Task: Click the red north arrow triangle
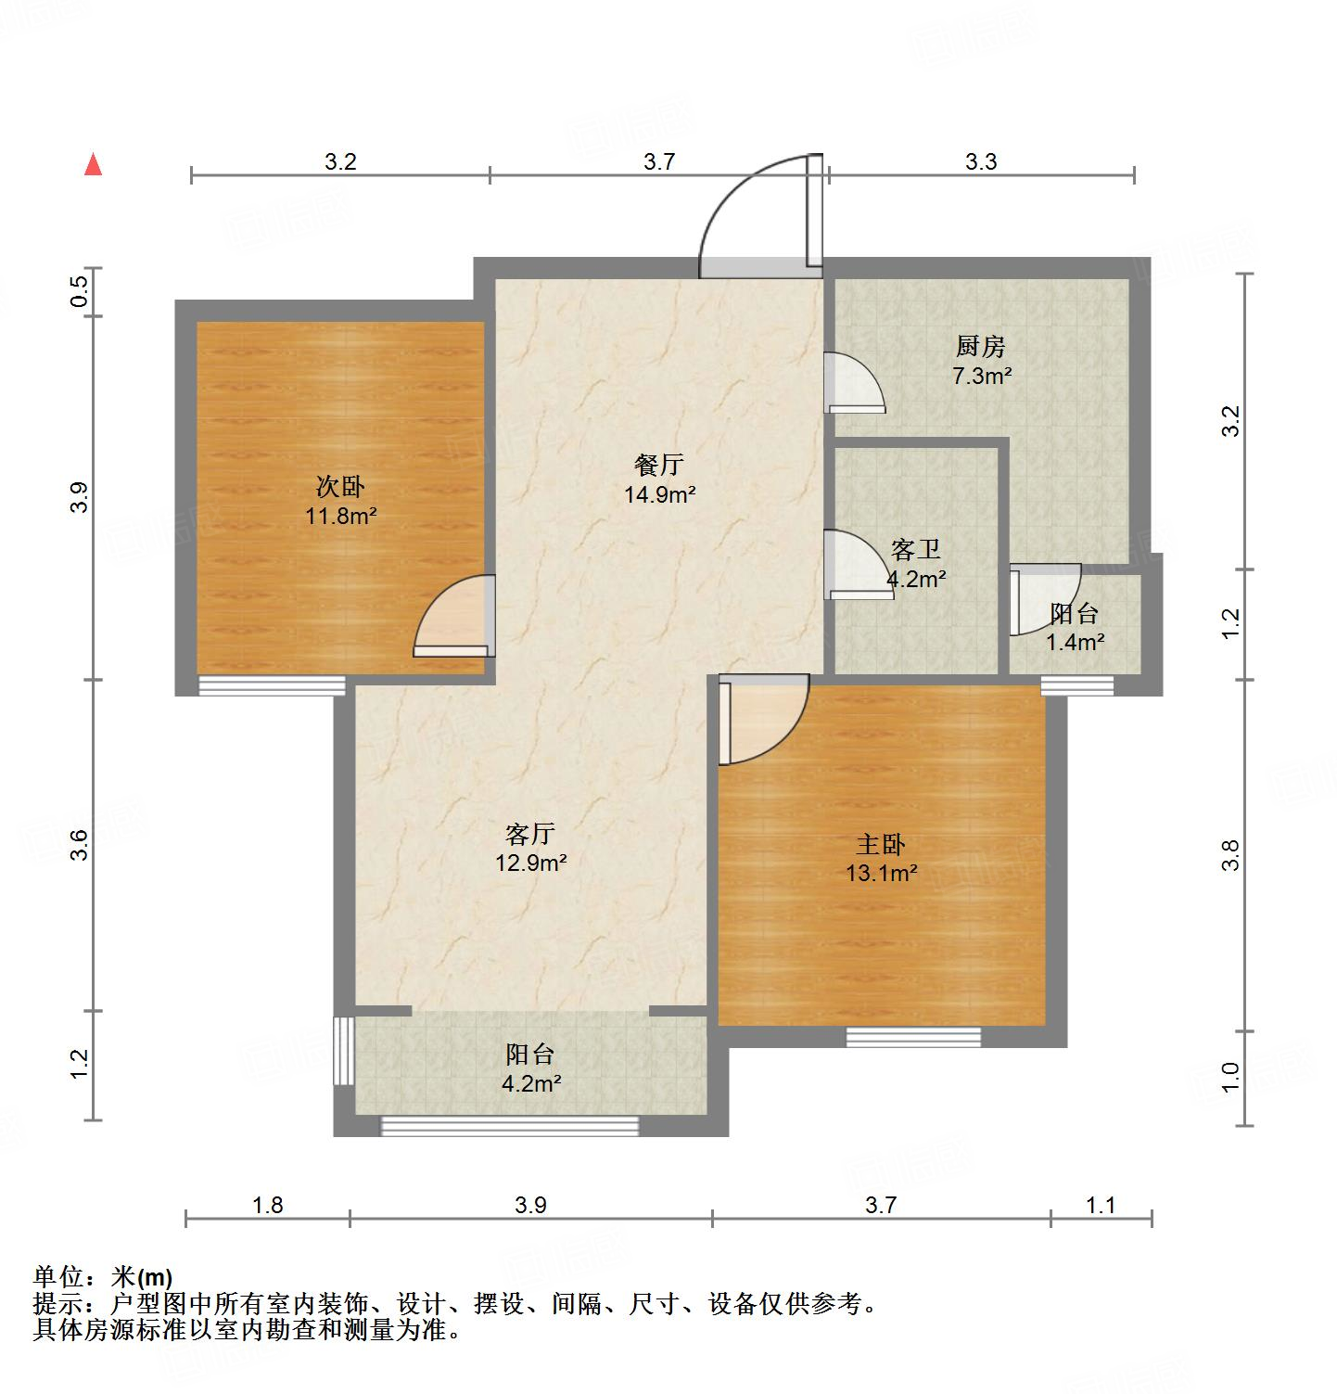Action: [93, 165]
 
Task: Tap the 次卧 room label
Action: [341, 486]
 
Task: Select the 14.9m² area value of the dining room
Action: [659, 494]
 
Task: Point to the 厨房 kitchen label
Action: [981, 347]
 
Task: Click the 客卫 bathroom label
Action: [916, 550]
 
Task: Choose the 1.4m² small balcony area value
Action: [1075, 641]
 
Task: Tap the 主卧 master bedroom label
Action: [880, 844]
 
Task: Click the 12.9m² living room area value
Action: [530, 863]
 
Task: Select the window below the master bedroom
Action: [913, 1037]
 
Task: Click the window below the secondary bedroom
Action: [272, 685]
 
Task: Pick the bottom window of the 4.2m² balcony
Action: [510, 1126]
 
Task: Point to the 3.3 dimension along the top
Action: [981, 162]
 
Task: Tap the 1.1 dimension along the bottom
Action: [1101, 1205]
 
